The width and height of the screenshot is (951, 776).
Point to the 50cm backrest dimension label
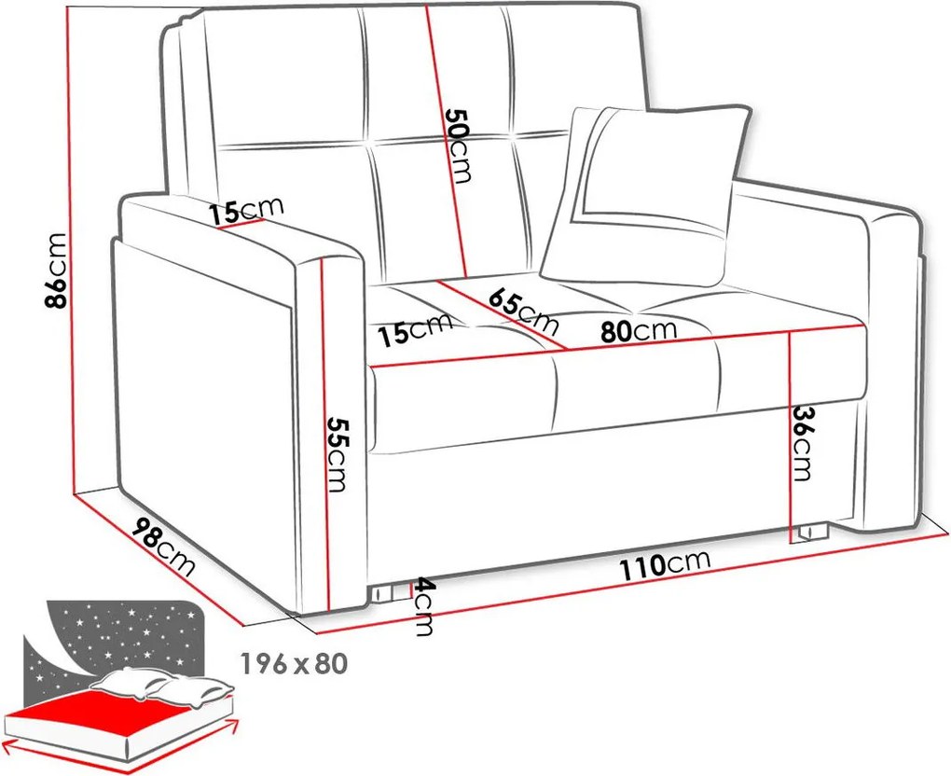[x=458, y=145]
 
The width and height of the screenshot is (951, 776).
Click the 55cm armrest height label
[x=336, y=454]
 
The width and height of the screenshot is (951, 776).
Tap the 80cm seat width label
[x=638, y=330]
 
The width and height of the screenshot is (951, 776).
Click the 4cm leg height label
[x=424, y=607]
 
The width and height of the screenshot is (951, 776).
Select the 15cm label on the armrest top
[x=245, y=210]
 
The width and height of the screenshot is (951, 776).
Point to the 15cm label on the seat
[x=415, y=329]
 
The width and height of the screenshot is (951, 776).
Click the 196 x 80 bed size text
[x=294, y=664]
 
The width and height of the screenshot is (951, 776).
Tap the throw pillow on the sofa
[x=647, y=197]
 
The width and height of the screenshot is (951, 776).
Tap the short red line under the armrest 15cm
[x=241, y=225]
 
